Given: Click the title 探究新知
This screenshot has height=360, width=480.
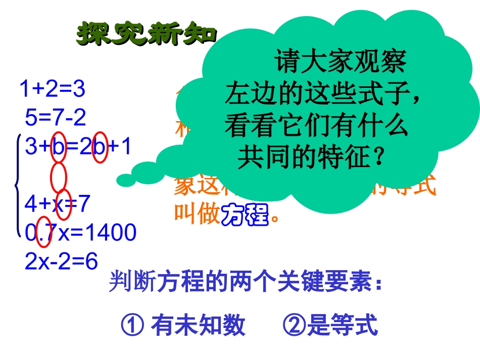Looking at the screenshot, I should tap(147, 34).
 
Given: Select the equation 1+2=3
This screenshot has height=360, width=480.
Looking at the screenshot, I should tap(52, 89).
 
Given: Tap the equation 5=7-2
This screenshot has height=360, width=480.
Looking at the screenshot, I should tap(56, 118).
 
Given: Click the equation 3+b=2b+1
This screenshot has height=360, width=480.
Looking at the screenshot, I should tap(78, 147).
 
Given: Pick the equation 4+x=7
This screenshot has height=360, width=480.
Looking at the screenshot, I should tap(57, 204).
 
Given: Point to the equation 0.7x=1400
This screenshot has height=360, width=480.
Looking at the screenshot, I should tap(81, 233).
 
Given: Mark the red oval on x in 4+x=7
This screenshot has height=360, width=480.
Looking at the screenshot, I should tap(64, 205).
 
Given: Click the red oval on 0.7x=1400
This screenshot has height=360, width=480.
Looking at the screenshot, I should tap(44, 234).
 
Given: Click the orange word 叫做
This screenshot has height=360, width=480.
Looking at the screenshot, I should tap(198, 214).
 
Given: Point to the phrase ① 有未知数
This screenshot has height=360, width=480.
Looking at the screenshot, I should tap(183, 326).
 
